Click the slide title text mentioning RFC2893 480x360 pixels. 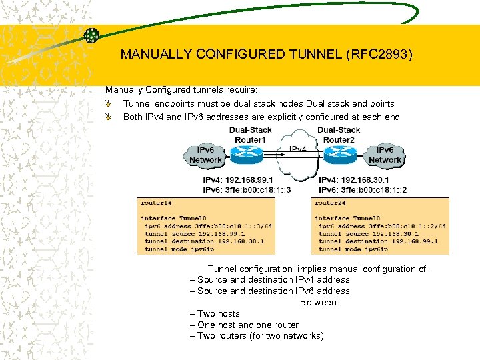click(x=267, y=55)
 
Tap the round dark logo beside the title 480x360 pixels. click(x=92, y=35)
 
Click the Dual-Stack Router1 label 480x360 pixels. click(x=251, y=135)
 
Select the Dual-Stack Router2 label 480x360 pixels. click(x=339, y=135)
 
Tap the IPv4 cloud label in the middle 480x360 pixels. click(x=297, y=149)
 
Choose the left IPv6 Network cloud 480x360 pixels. click(x=206, y=156)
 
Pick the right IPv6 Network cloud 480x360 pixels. click(x=385, y=156)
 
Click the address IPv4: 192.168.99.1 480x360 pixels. click(x=237, y=179)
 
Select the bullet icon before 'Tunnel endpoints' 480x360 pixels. click(x=109, y=104)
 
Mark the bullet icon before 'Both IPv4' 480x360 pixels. click(x=109, y=117)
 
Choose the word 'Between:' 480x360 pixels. click(x=319, y=302)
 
